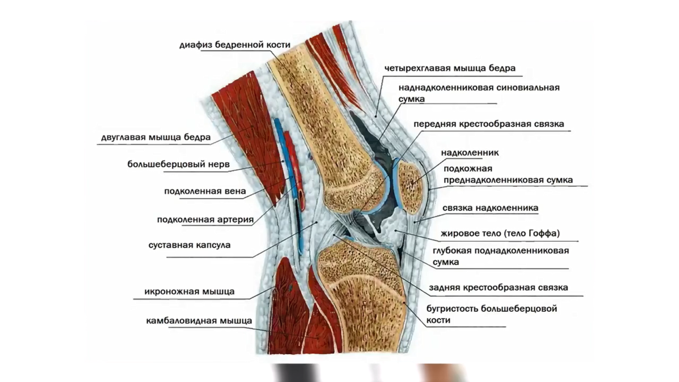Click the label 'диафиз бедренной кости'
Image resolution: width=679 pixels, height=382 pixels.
(x=235, y=45)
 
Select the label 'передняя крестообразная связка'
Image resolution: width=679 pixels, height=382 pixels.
(x=489, y=124)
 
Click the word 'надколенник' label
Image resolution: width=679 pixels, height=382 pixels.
(x=470, y=152)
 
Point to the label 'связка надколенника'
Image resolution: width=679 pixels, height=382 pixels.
(x=490, y=208)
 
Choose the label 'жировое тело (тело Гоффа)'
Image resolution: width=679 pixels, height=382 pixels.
(x=500, y=233)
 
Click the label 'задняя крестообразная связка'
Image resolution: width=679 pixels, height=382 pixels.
(x=498, y=287)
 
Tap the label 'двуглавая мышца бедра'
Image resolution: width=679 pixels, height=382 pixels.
(x=156, y=138)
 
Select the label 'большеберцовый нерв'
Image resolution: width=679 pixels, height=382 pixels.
(x=178, y=164)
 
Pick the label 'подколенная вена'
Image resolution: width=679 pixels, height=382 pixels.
(x=205, y=191)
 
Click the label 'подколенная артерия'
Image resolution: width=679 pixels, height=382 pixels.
(x=205, y=220)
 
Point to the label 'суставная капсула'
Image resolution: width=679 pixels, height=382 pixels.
(x=190, y=245)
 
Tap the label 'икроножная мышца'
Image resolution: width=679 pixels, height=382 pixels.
(x=190, y=291)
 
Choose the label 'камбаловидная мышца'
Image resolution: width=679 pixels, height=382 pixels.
(x=199, y=321)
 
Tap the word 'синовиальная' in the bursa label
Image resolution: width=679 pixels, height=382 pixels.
(x=528, y=88)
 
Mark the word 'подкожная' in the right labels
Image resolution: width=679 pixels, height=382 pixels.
(x=468, y=169)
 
